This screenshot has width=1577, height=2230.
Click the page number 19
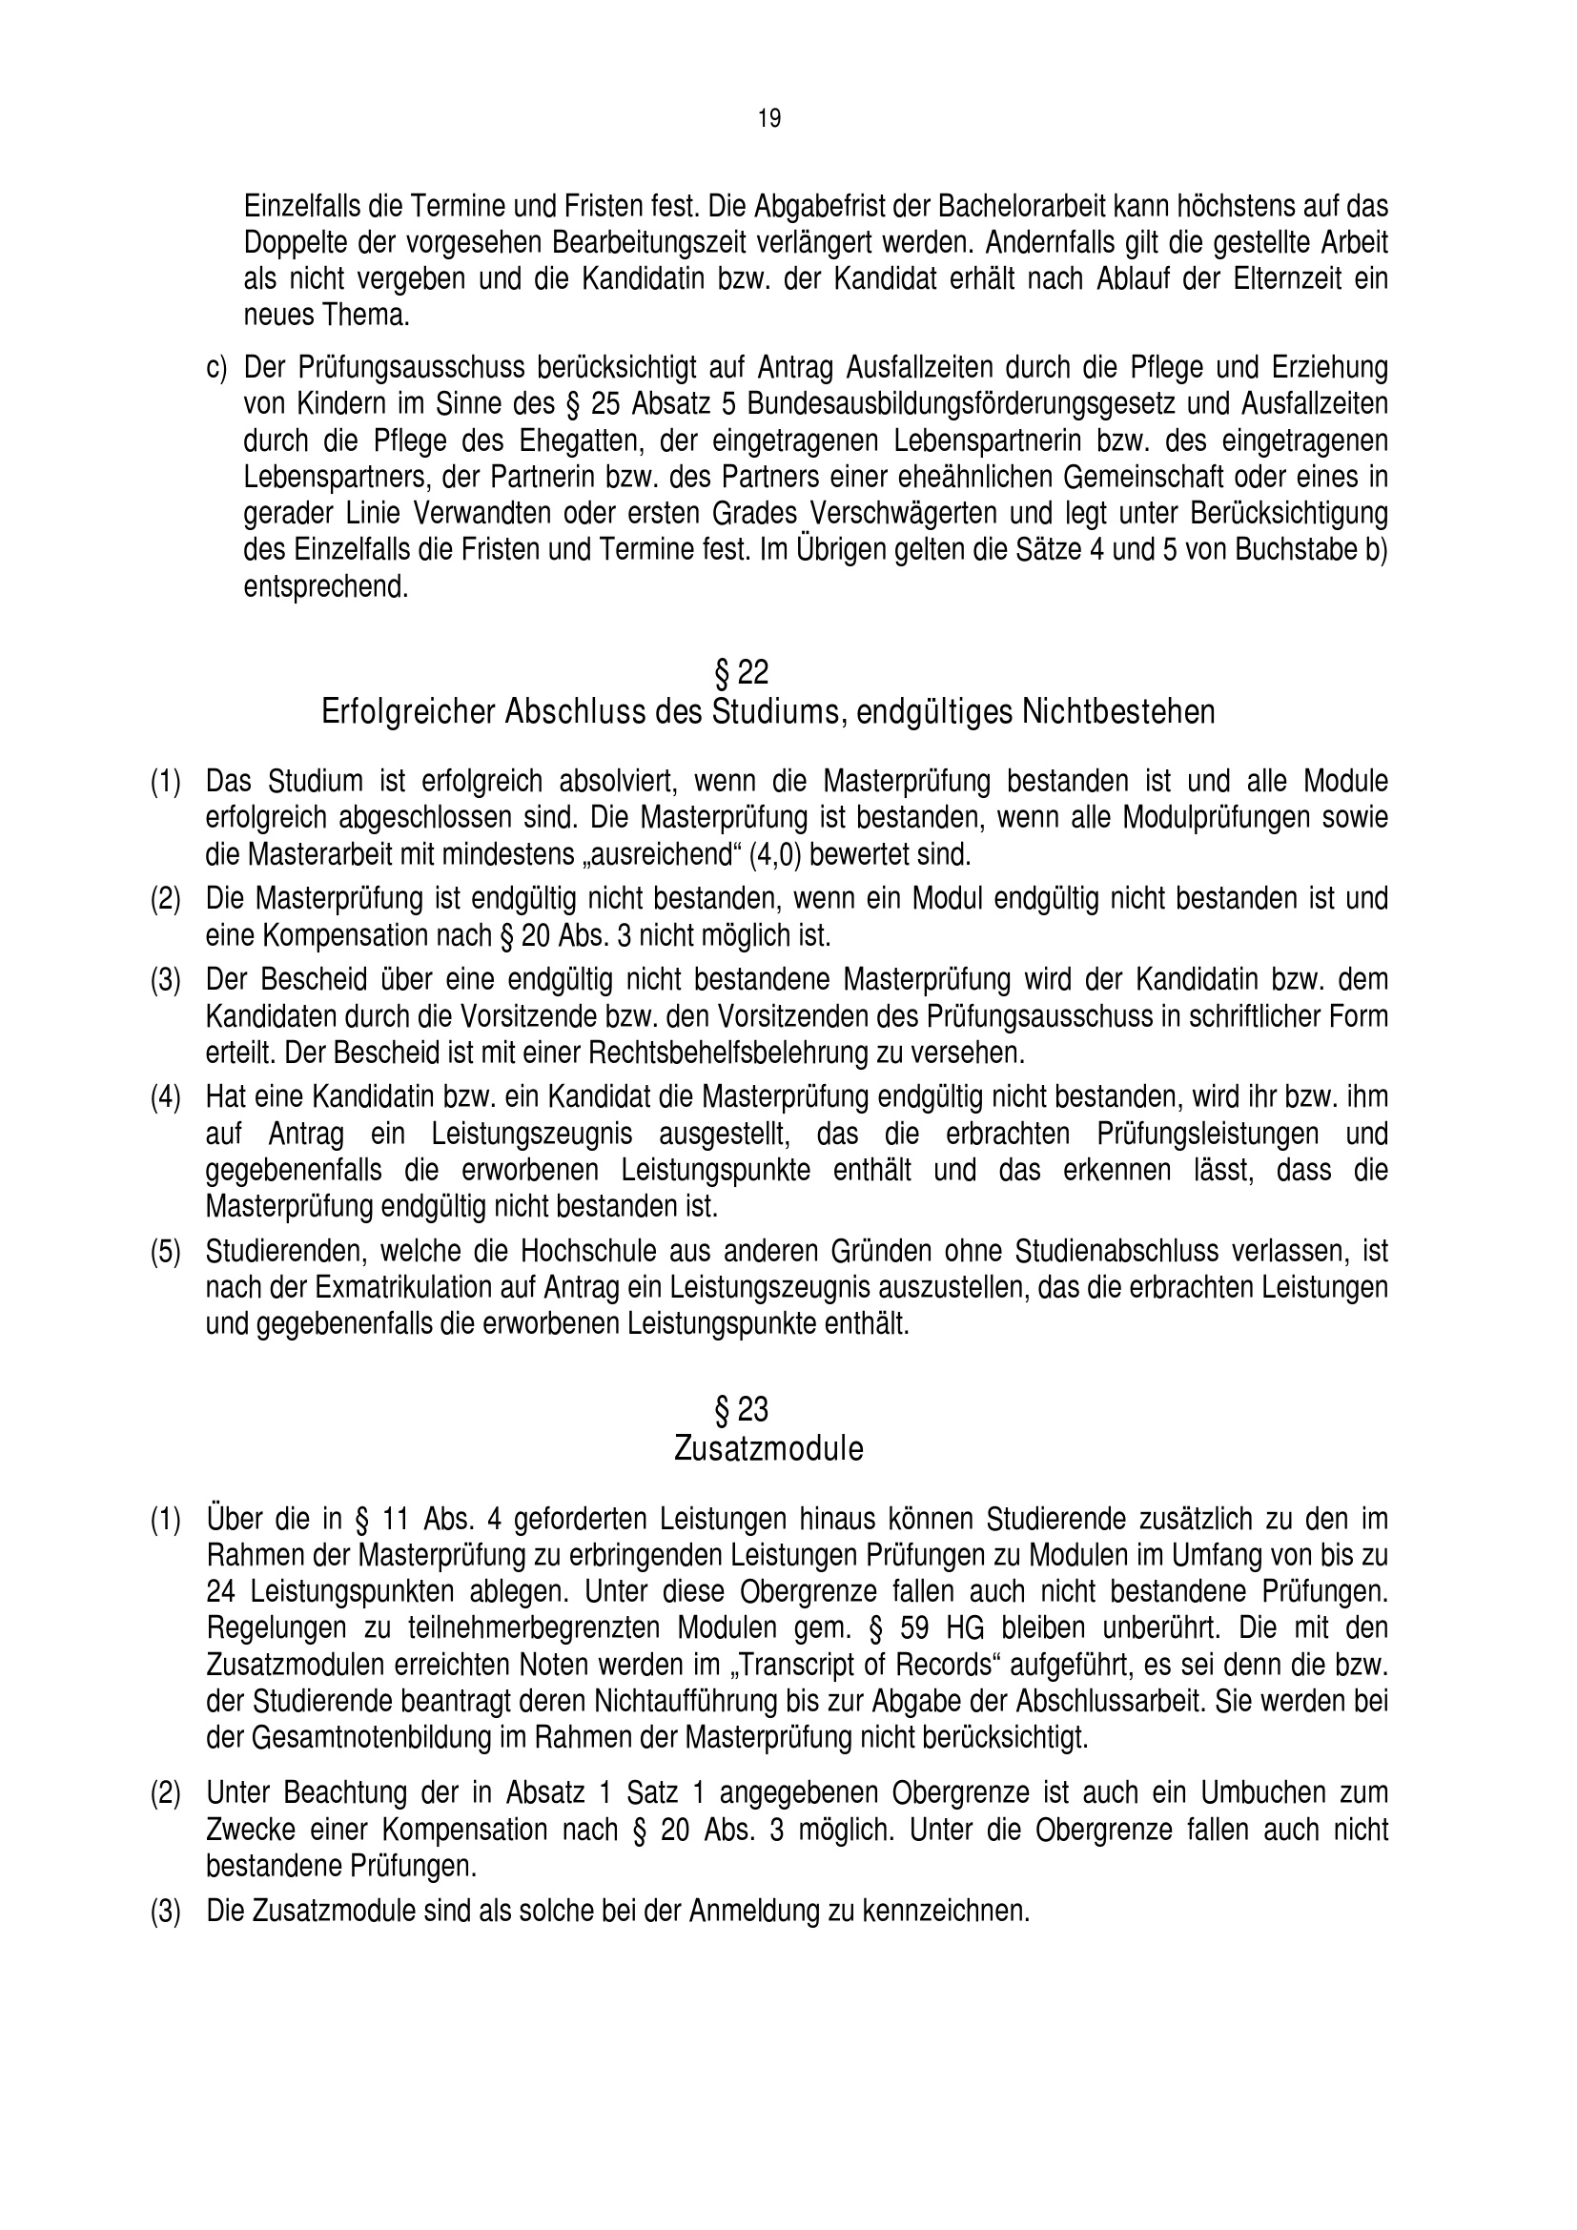pos(768,119)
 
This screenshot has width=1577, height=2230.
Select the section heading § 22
pos(741,672)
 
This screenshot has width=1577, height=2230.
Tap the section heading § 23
pos(741,1408)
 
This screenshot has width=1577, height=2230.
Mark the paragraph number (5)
pos(165,1252)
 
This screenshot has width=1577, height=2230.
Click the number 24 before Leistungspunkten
pos(222,1592)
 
